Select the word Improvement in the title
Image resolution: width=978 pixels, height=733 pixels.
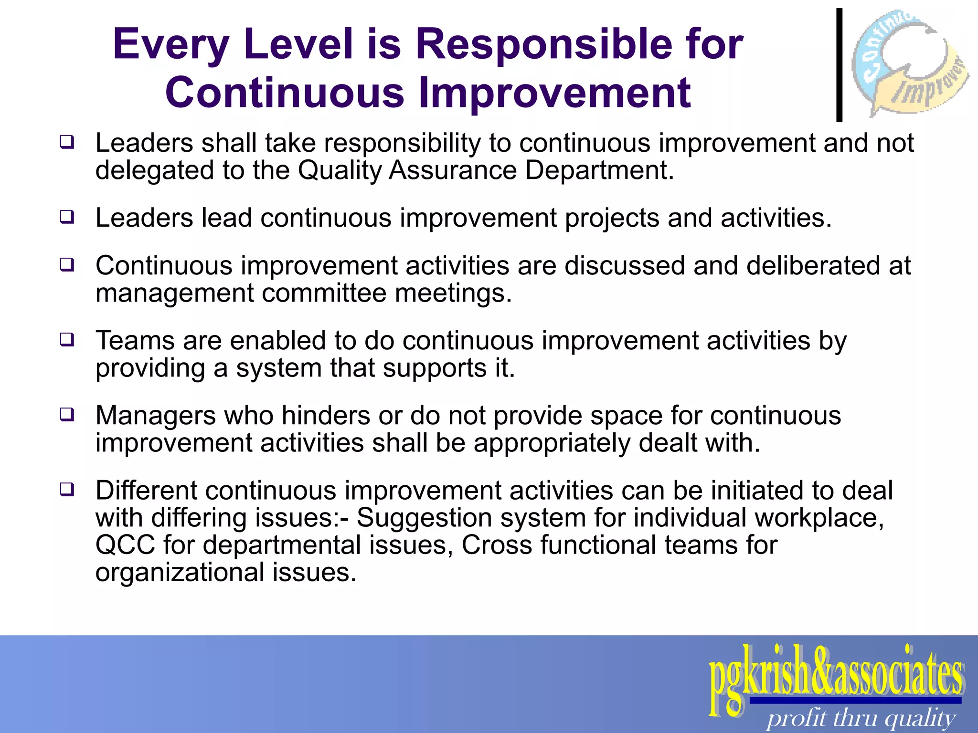point(554,93)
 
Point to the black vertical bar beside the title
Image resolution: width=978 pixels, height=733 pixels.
point(839,65)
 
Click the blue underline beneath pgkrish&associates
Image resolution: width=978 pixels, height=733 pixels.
point(855,701)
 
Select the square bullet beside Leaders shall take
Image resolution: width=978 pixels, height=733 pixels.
point(67,142)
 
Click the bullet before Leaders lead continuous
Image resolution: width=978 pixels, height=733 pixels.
point(67,217)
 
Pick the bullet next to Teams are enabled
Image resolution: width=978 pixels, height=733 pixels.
point(67,340)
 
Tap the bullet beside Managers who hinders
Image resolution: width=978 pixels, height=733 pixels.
point(67,414)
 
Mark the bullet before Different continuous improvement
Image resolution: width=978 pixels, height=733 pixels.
point(67,489)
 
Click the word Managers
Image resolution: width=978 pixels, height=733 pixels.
point(156,416)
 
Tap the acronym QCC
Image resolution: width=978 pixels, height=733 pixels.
point(125,545)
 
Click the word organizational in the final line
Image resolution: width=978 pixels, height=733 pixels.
point(180,572)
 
